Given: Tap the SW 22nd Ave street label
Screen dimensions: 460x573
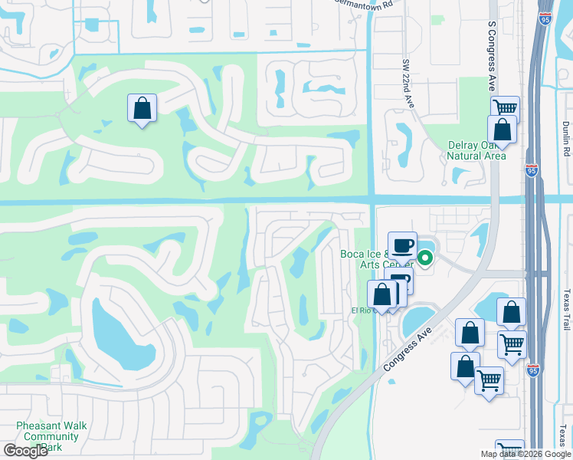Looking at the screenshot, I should [408, 85].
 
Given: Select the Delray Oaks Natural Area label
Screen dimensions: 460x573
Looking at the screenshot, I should [476, 150].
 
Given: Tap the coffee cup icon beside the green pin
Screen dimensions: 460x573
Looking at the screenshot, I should [402, 245].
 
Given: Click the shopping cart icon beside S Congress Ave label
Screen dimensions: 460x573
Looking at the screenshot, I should [505, 108].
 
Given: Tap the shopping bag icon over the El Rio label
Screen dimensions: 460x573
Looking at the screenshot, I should [381, 294].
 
